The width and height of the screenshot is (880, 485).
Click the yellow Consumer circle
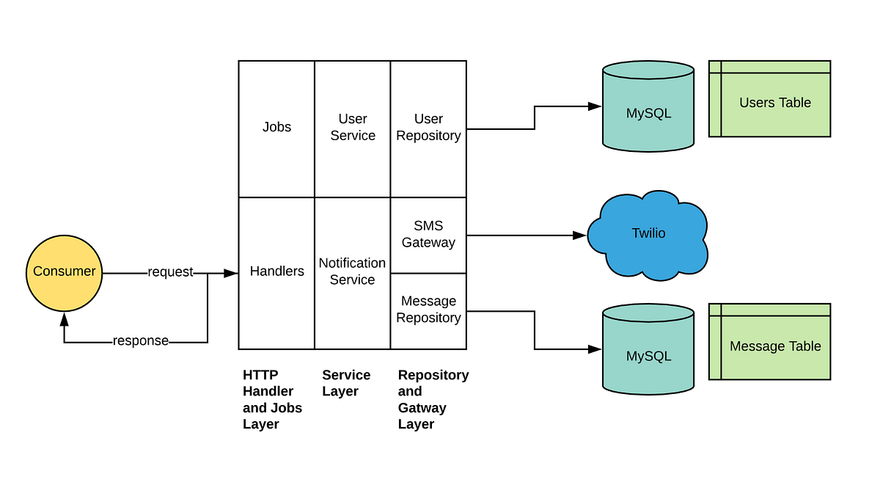[64, 271]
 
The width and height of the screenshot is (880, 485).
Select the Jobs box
[276, 128]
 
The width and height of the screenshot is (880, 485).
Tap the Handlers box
[276, 272]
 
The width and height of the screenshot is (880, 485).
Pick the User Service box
[353, 128]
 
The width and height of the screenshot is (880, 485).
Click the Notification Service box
[353, 272]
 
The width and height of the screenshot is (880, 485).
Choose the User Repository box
[428, 128]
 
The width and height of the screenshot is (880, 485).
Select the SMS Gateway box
[428, 235]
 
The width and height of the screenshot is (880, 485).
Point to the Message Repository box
[428, 310]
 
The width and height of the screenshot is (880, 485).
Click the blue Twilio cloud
[648, 235]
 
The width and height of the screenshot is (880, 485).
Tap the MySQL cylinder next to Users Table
[648, 110]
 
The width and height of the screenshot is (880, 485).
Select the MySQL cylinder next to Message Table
[648, 352]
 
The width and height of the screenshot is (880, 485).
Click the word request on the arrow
[170, 272]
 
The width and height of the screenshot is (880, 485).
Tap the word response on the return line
[140, 341]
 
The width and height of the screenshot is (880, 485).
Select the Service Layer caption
[346, 383]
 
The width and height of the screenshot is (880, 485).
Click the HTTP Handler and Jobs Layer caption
[272, 399]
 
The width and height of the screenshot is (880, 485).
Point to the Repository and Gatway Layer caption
[433, 399]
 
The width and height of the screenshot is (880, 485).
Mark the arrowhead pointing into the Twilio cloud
[580, 236]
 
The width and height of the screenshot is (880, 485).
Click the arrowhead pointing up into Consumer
[64, 318]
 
